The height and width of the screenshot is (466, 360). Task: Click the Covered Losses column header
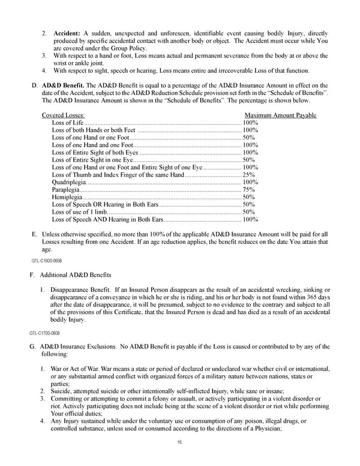[x=63, y=115]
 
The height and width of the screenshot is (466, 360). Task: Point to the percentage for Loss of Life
[x=250, y=123]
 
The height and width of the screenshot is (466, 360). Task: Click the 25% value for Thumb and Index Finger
[x=248, y=175]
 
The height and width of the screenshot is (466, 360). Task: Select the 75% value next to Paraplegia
[x=248, y=190]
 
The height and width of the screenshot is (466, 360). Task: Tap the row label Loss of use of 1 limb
[x=80, y=212]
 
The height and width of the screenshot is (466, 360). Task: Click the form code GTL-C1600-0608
[x=46, y=261]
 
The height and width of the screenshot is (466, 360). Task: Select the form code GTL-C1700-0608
[x=44, y=333]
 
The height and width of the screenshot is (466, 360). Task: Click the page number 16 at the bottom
[x=179, y=443]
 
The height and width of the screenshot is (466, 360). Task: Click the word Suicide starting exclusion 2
[x=62, y=391]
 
